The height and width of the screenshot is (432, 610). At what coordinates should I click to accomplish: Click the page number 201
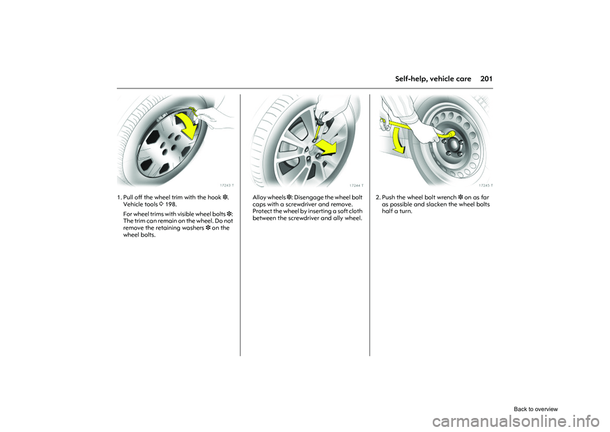(487, 79)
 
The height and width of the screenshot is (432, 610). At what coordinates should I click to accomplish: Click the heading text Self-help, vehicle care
(433, 79)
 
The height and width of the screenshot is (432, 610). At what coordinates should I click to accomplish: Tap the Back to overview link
(536, 409)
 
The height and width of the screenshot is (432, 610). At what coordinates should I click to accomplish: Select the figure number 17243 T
(226, 186)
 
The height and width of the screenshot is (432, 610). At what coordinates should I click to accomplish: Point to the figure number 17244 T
(355, 186)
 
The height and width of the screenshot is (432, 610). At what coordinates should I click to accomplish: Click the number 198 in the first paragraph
(170, 206)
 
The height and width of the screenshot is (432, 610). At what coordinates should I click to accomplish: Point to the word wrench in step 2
(444, 197)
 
